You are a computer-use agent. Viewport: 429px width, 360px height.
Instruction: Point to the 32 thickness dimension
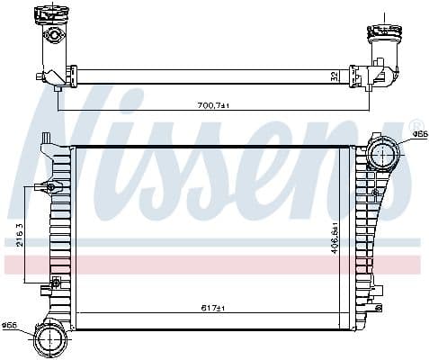click(335, 76)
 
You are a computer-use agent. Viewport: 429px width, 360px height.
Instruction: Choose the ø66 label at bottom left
click(10, 325)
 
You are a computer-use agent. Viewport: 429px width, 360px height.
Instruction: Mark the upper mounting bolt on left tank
click(50, 187)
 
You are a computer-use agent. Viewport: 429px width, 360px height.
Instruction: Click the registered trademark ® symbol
click(415, 124)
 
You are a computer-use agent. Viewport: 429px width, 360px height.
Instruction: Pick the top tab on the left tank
click(45, 138)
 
